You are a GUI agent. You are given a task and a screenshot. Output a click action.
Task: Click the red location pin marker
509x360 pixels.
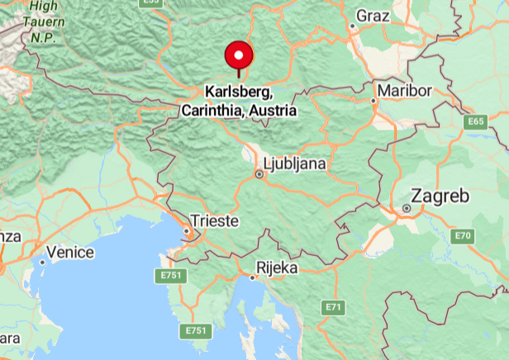click(x=239, y=56)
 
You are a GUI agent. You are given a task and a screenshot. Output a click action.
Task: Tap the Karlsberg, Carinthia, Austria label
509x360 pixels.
click(x=239, y=100)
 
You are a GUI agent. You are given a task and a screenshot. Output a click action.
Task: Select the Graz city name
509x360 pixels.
click(x=372, y=16)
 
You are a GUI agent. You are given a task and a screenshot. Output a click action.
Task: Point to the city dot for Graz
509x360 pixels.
click(x=352, y=26)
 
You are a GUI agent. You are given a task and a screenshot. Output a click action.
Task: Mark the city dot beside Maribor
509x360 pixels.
click(x=373, y=101)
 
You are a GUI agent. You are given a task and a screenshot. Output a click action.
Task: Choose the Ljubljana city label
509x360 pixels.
click(x=293, y=163)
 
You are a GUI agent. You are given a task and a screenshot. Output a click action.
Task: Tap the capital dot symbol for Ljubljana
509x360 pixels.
click(x=259, y=174)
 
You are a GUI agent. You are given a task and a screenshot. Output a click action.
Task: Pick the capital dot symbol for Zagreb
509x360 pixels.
click(x=407, y=209)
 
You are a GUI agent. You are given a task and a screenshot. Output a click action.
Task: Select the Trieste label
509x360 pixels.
click(x=214, y=221)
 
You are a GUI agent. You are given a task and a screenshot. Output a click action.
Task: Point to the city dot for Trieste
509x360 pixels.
click(x=188, y=233)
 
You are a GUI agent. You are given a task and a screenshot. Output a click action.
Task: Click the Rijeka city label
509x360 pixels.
click(x=277, y=268)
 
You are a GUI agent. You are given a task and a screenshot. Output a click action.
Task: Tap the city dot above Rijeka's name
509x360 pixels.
click(x=254, y=277)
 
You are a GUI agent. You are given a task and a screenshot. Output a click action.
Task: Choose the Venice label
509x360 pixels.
click(x=70, y=252)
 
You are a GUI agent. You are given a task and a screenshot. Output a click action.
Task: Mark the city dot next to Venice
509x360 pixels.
click(x=42, y=262)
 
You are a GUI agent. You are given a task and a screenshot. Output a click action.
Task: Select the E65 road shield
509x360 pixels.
click(x=475, y=121)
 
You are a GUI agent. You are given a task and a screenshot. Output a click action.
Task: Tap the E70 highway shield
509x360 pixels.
click(x=463, y=237)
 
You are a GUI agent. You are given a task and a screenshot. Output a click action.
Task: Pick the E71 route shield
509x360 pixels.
click(x=332, y=307)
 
